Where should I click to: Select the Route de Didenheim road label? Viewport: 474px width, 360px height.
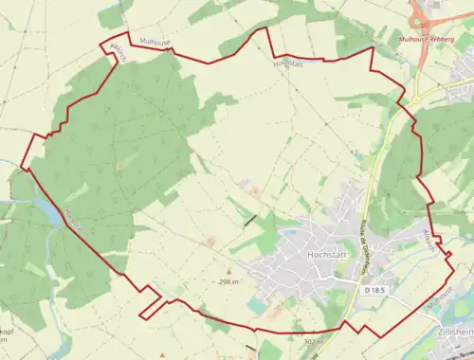tap(364, 245)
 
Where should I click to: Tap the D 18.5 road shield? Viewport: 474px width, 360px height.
tap(373, 291)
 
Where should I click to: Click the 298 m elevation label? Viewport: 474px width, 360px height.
tap(228, 282)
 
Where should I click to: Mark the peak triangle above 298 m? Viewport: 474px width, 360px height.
tap(228, 273)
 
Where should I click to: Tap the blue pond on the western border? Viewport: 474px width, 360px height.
tap(46, 201)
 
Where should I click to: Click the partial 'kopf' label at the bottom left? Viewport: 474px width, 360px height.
tap(7, 333)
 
